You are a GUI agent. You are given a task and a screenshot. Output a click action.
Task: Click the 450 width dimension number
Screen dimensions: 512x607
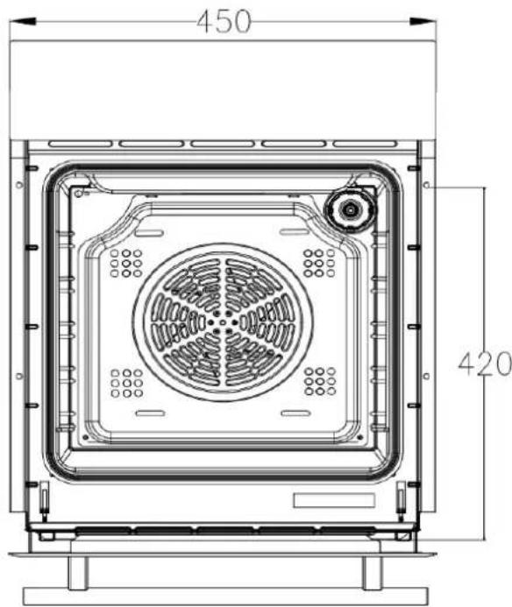[224, 21]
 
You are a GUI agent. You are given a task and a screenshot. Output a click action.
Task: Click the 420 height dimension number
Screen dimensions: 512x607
[485, 363]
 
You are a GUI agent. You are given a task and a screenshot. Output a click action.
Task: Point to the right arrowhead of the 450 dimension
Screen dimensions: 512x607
[423, 21]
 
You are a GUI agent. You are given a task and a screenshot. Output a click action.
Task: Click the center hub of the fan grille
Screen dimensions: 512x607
[223, 322]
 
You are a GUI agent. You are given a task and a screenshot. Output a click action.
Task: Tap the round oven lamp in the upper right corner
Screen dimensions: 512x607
[351, 210]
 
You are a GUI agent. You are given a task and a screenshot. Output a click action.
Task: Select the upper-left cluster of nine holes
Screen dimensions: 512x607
[126, 264]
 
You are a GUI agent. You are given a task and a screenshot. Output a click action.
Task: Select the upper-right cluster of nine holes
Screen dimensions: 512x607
[319, 264]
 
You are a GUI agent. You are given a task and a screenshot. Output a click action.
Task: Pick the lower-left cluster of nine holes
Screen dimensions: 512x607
[127, 383]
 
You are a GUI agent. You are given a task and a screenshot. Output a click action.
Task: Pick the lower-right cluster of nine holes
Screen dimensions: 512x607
[320, 381]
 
